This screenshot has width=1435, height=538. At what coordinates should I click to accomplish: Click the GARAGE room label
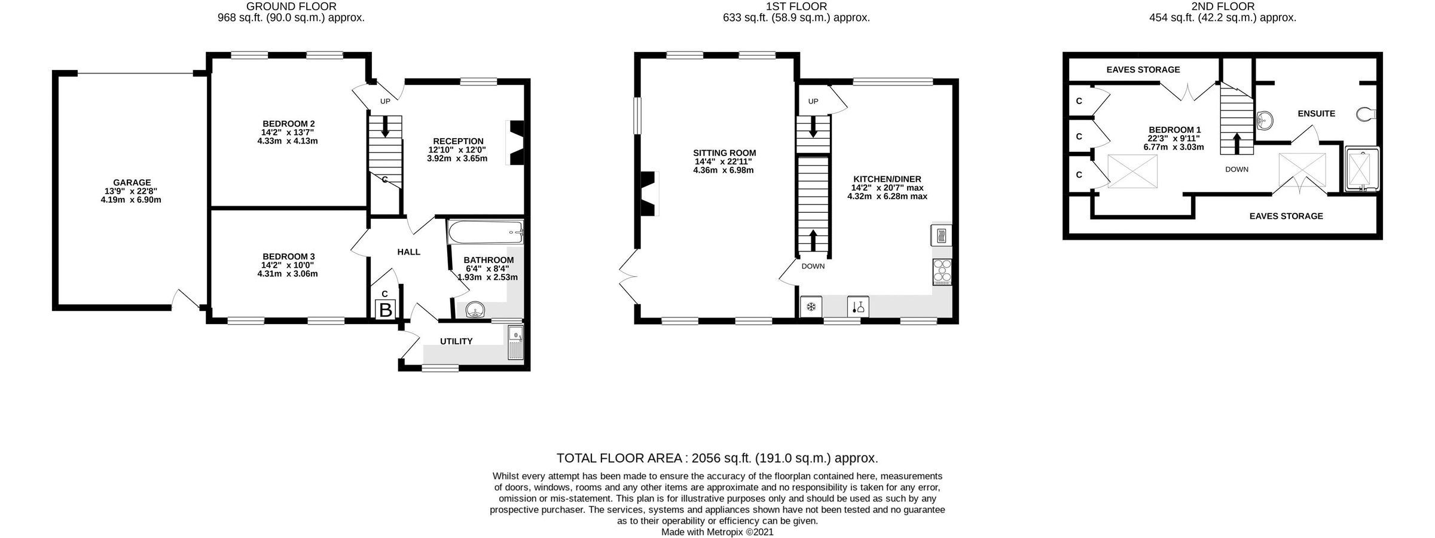[132, 183]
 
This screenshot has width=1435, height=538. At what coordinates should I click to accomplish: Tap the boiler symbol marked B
[386, 310]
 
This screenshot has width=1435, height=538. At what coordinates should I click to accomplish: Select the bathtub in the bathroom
[485, 231]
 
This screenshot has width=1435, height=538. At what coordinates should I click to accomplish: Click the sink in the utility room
[515, 343]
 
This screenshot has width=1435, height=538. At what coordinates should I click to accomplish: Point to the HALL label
[408, 252]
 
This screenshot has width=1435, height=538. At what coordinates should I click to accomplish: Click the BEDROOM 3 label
[288, 256]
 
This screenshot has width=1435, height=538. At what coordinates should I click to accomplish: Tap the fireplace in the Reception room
[515, 142]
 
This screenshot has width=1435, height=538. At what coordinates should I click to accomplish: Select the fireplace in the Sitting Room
[648, 194]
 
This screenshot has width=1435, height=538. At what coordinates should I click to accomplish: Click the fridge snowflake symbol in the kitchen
[811, 307]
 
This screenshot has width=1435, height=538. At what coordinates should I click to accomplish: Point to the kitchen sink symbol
[858, 307]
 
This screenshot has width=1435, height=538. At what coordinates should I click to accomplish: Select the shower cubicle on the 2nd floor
[1361, 170]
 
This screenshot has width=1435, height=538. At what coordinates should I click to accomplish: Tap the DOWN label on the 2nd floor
[1236, 170]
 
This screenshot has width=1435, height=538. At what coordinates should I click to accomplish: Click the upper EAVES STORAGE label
[1143, 70]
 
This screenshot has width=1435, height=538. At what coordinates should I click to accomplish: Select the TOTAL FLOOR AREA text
[717, 458]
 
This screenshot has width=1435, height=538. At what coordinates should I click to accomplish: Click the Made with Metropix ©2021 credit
[717, 531]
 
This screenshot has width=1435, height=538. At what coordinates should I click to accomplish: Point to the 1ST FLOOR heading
[796, 7]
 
